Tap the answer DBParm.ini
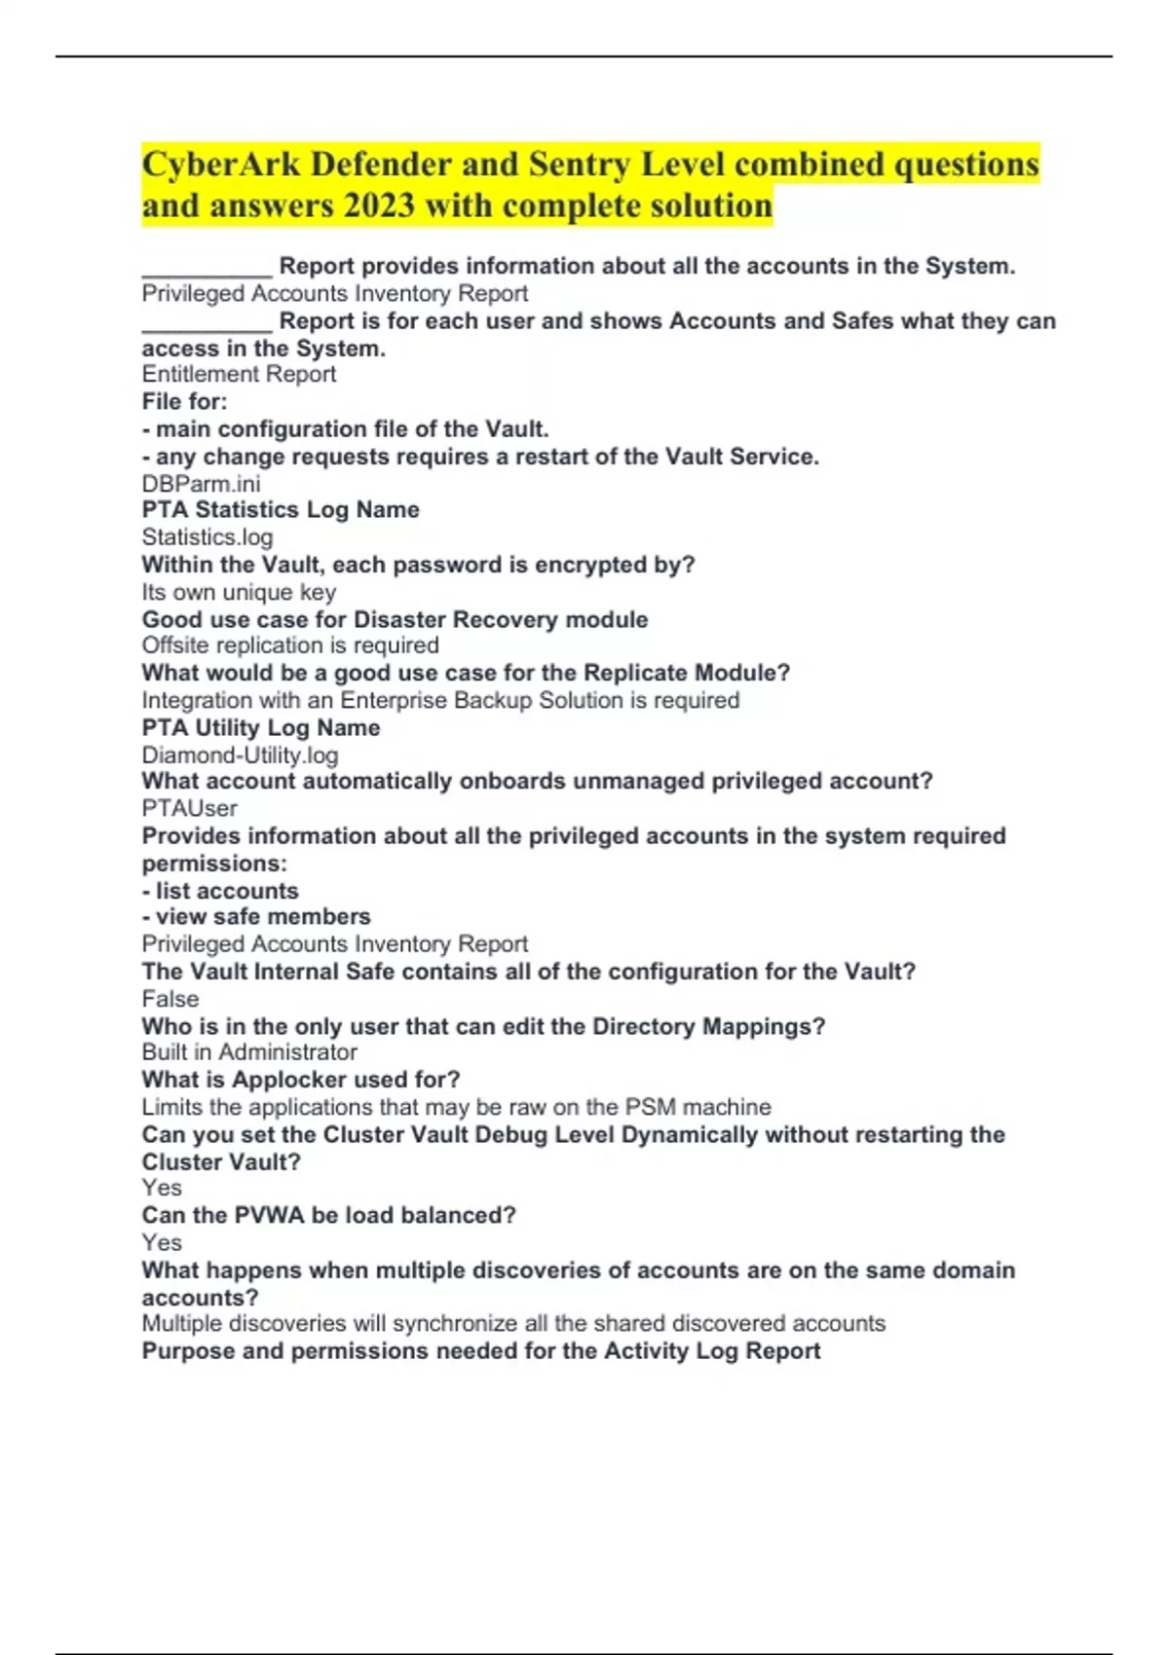[x=201, y=484]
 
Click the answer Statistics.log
[x=207, y=537]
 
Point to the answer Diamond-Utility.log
[x=240, y=754]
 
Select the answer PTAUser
[x=189, y=808]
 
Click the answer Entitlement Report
[x=239, y=375]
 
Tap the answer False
[x=170, y=999]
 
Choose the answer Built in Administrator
[x=249, y=1052]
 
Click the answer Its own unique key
[x=239, y=592]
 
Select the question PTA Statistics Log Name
[x=281, y=510]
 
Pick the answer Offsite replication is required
[x=290, y=645]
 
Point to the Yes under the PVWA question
[x=162, y=1242]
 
